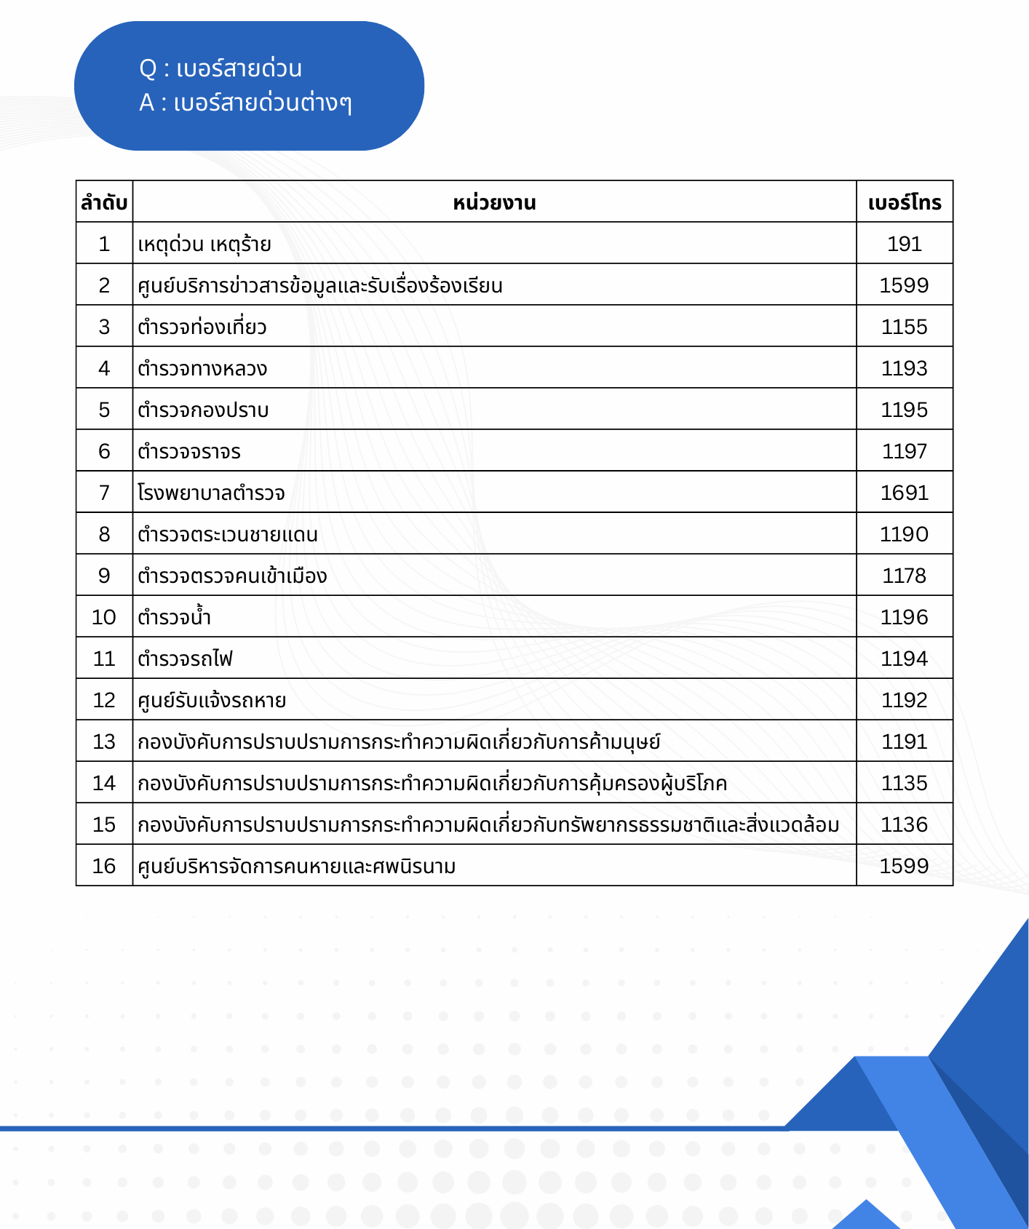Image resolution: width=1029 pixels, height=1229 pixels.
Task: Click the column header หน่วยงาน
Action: [494, 202]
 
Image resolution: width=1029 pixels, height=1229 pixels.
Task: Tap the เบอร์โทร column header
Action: [905, 202]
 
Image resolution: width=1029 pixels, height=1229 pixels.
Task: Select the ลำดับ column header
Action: [104, 202]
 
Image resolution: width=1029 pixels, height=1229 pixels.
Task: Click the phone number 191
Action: [905, 244]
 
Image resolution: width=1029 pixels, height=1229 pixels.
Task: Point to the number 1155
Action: [905, 327]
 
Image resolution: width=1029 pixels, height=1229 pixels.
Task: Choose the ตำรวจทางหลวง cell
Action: [202, 369]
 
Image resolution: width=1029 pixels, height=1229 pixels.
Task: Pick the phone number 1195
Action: [905, 410]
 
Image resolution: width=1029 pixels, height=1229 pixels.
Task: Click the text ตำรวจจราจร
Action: [189, 452]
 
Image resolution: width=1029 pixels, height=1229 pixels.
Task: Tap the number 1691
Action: [905, 493]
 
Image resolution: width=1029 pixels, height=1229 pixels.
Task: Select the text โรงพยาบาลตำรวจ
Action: [211, 493]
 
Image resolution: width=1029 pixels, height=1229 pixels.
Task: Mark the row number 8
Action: [104, 534]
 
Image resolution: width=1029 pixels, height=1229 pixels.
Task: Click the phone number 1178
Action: [905, 576]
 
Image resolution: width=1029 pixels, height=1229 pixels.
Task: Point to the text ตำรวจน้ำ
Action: [175, 618]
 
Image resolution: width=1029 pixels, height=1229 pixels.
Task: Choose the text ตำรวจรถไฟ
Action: [186, 659]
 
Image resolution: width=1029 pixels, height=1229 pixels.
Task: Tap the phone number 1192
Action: [905, 700]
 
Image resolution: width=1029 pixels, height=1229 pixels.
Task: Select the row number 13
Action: [104, 741]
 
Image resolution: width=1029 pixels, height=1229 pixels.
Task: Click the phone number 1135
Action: [905, 783]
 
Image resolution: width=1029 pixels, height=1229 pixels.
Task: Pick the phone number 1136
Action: [905, 824]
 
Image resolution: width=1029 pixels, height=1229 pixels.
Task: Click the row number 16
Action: [104, 866]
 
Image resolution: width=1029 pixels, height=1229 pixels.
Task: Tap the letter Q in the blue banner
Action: [148, 68]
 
